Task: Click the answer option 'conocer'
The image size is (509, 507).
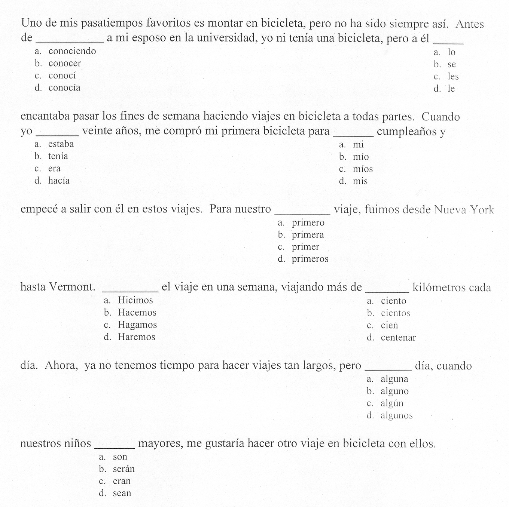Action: tap(64, 64)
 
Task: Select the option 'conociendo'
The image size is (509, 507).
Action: tap(72, 51)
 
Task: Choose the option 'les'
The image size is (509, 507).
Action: tap(453, 77)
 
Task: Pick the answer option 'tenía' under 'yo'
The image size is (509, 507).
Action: tap(58, 156)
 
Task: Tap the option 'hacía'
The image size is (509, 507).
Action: tap(59, 181)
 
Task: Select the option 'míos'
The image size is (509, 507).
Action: tap(363, 169)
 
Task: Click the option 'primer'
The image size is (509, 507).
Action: tap(305, 247)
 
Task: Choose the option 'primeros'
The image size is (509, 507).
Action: tap(310, 259)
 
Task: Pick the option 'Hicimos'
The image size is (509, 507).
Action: tap(135, 300)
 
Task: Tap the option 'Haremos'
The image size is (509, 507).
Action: tap(136, 337)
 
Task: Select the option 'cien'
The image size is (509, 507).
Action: tap(389, 325)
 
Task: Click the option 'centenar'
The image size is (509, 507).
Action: tap(398, 338)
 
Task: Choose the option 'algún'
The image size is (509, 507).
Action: tap(392, 403)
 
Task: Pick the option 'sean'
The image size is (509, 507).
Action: tap(122, 493)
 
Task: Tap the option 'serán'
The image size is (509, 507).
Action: tap(124, 469)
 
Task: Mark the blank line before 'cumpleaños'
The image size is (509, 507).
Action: tap(353, 135)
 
